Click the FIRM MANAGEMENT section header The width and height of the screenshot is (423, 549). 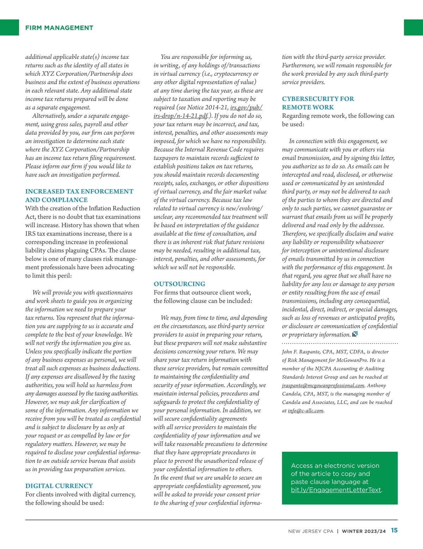59,28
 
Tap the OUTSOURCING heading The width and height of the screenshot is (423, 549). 179,284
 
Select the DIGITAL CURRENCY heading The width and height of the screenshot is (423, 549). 59,486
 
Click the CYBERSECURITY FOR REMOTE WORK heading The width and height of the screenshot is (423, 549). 318,103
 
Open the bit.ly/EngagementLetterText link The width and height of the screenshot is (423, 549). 336,490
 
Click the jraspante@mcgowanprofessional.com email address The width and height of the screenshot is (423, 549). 323,385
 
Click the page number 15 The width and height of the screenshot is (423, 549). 394,530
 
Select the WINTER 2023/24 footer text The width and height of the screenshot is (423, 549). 364,531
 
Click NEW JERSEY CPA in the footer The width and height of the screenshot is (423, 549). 311,531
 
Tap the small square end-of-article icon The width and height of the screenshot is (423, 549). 355,334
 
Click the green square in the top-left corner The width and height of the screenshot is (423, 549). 9,27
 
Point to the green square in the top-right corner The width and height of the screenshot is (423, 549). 413,27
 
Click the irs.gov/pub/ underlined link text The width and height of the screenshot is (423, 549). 246,107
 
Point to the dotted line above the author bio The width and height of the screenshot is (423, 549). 340,343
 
